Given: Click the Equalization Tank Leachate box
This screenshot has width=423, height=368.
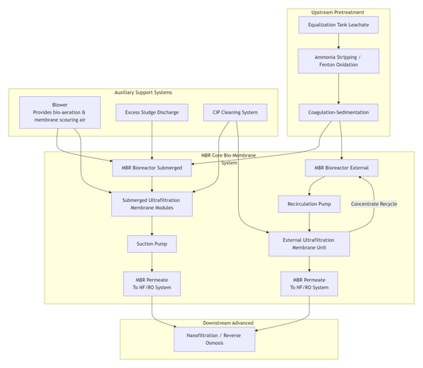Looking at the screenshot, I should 339,25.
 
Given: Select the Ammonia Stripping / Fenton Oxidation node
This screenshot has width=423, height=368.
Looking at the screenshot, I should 339,60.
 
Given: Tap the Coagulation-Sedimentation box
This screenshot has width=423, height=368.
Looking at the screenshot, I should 339,112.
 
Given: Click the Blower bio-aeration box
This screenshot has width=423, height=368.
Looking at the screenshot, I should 60,112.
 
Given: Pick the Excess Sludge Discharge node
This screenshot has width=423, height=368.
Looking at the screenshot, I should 152,112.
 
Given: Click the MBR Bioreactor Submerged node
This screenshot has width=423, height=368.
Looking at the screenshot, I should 152,168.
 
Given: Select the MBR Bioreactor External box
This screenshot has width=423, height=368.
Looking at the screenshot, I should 341,168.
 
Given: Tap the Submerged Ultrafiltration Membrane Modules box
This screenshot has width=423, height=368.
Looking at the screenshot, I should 152,204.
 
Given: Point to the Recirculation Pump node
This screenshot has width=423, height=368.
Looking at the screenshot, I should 309,204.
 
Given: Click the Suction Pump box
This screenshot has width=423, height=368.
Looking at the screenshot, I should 152,243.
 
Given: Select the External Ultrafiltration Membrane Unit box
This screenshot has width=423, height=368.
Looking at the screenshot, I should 309,243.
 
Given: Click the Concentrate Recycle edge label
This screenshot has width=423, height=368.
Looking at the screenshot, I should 374,204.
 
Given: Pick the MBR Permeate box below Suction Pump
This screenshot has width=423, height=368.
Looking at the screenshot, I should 152,283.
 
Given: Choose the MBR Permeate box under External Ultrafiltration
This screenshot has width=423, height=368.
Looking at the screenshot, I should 309,283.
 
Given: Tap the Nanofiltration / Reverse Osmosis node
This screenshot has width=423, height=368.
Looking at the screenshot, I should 219,339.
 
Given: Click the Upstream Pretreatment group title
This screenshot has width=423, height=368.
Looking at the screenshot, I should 339,12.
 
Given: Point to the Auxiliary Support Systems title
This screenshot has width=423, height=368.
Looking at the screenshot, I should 143,92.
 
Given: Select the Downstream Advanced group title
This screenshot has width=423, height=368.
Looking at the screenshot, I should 229,323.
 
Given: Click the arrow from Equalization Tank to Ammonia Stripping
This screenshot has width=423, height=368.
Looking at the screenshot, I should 339,41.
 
